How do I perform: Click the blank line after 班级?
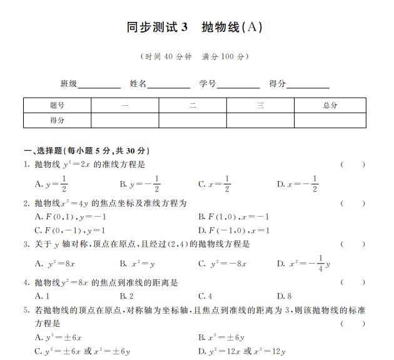point(99,84)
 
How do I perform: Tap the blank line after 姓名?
point(168,84)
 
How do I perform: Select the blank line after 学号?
point(238,84)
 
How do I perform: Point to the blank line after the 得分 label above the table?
point(308,84)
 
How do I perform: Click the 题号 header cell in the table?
point(57,105)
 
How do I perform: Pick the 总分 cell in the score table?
point(330,105)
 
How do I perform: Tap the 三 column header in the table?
point(260,105)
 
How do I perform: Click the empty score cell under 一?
point(124,120)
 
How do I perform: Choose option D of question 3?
point(304,263)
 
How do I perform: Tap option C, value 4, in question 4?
point(205,296)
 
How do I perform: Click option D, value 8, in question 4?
point(285,296)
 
